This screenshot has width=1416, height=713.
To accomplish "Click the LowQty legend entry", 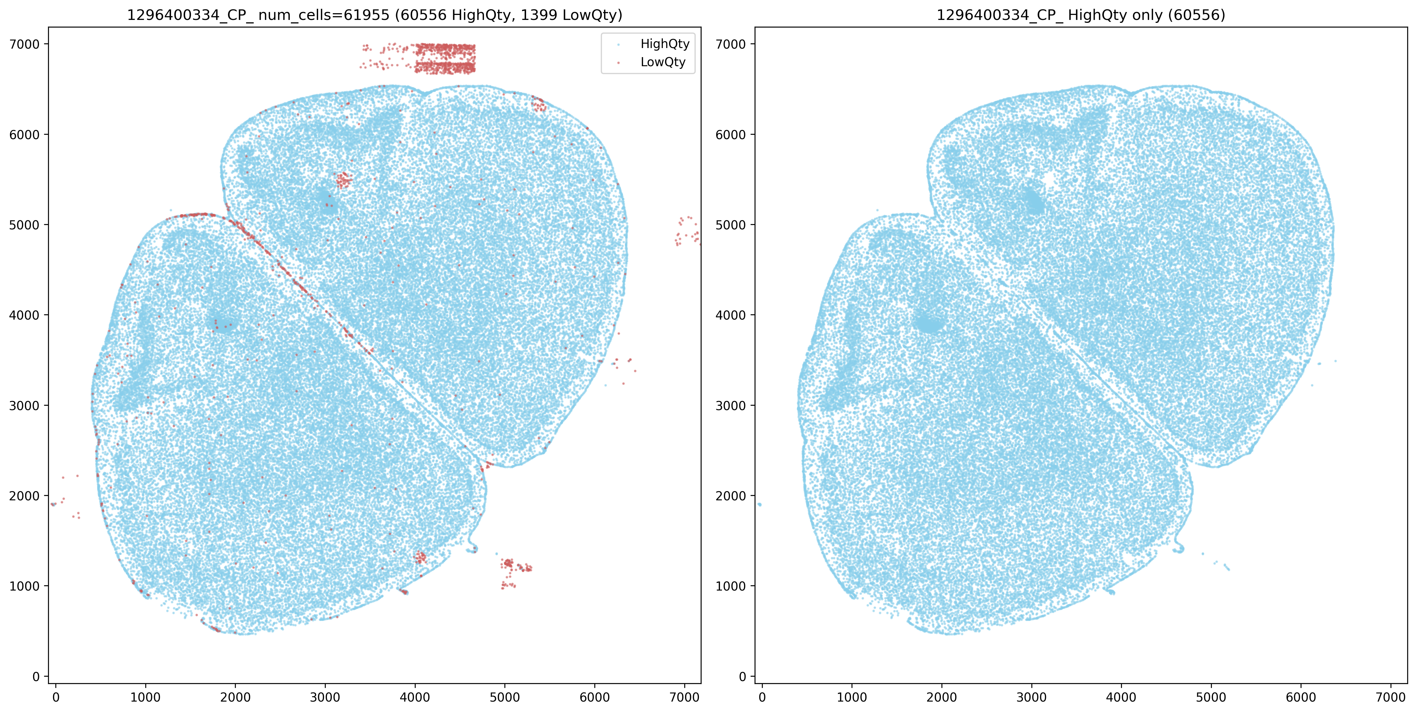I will coord(663,62).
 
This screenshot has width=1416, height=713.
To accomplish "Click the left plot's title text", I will coord(374,15).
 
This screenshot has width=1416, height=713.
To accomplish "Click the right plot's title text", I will coord(1081,15).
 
